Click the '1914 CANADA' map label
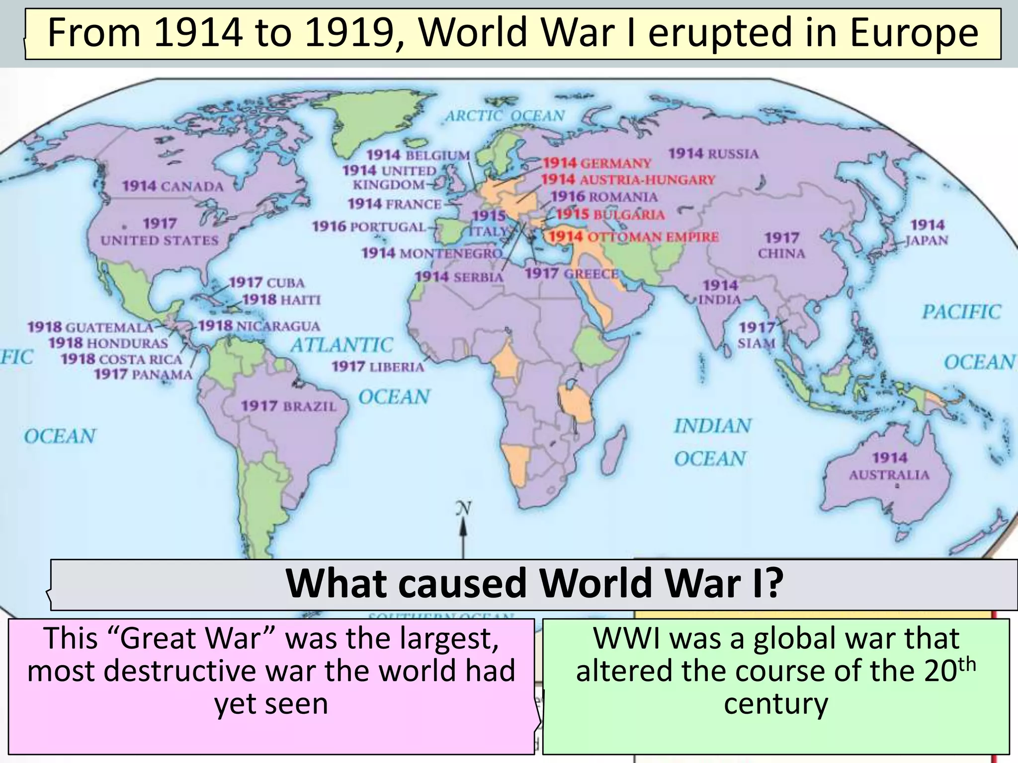[x=172, y=186]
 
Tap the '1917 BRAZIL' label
[x=289, y=406]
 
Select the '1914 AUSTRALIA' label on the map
[x=889, y=466]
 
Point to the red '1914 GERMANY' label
[x=596, y=163]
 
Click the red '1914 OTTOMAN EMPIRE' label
[x=634, y=236]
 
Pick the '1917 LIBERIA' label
[x=378, y=367]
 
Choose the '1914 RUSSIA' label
[x=713, y=153]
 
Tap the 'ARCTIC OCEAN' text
[x=505, y=116]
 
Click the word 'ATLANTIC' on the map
[x=342, y=345]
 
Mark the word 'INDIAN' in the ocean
[x=713, y=426]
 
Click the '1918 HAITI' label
[x=281, y=300]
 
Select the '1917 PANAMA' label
[x=143, y=374]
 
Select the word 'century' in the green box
[x=775, y=703]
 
